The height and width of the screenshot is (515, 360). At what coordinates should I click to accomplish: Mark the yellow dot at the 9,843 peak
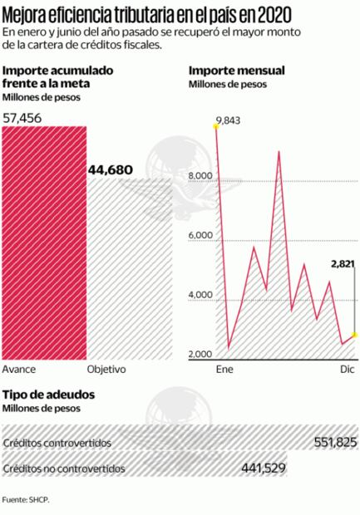[215, 130]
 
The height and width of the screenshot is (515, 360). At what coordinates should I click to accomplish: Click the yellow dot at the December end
[355, 335]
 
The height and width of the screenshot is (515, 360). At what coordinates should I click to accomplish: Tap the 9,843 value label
[227, 121]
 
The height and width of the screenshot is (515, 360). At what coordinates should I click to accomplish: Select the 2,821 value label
[342, 264]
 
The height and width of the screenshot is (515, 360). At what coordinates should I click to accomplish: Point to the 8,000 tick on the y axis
[202, 176]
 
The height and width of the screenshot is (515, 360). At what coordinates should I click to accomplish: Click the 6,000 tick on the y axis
[202, 236]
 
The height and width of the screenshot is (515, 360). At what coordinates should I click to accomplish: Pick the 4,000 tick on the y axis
[202, 296]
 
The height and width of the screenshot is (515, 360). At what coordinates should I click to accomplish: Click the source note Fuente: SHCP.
[26, 500]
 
